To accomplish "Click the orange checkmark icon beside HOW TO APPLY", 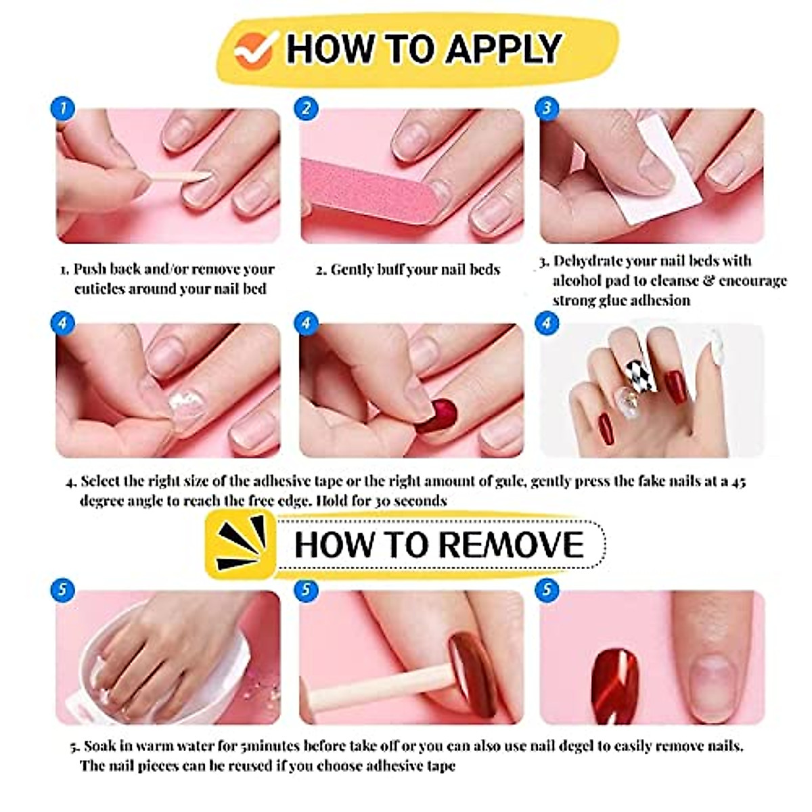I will click(254, 49).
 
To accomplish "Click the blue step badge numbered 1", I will click(62, 108).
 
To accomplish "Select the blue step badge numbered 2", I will click(307, 108).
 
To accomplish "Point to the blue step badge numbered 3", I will click(547, 108).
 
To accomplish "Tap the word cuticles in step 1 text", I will click(104, 289).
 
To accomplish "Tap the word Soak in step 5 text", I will click(99, 746).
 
